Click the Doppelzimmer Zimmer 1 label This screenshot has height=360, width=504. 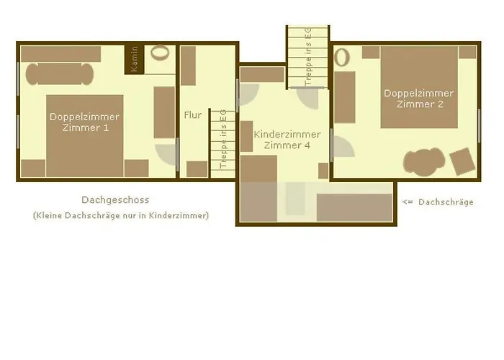coord(84,122)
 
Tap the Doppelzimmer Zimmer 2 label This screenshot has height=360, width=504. coord(419,99)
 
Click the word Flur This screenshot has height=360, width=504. coord(192,115)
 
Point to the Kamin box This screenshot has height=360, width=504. coord(135,59)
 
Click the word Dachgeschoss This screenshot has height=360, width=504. coord(115,200)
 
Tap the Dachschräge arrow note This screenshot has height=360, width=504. coord(437,202)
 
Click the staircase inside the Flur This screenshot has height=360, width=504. coord(219,140)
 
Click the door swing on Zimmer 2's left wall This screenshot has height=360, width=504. coord(343,147)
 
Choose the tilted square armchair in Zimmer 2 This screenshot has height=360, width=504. coord(462,160)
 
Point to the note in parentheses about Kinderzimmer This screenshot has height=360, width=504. coord(120,215)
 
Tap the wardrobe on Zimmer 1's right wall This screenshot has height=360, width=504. coord(164,112)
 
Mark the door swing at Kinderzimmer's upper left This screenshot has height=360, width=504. coord(248,95)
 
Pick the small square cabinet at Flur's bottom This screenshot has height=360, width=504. coord(197,168)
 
